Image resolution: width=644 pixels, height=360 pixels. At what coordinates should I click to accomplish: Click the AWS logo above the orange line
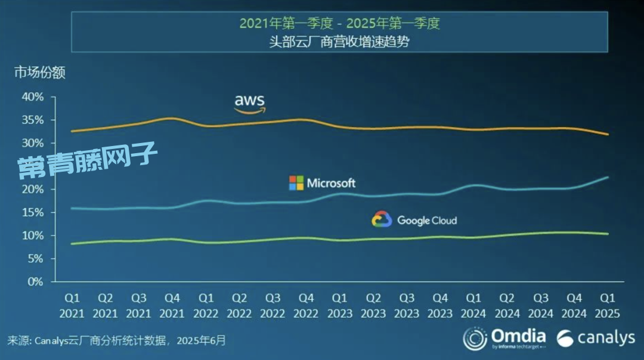tap(249, 103)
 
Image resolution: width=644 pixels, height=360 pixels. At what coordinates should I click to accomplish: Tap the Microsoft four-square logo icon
tap(296, 183)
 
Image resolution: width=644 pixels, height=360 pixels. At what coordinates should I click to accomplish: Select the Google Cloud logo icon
tap(382, 219)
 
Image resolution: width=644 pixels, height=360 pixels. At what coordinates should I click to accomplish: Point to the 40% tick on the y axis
tap(33, 97)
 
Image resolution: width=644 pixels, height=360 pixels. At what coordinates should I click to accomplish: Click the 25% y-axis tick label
tap(33, 166)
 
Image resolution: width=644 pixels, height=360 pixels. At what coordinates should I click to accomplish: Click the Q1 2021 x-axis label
tap(72, 305)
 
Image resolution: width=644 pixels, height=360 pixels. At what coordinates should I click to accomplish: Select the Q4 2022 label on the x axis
tap(306, 305)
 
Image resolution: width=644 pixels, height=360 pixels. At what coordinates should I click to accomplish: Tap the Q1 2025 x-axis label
tap(608, 305)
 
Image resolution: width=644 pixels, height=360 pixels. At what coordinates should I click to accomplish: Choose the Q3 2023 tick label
tap(407, 305)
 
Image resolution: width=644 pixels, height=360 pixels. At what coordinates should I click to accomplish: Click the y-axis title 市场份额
tap(40, 73)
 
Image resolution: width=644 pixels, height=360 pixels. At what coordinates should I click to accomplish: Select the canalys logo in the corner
tap(596, 338)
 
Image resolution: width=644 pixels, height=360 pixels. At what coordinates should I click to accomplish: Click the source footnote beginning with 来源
tap(117, 341)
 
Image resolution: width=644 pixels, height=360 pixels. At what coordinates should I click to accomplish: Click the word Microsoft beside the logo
tap(331, 183)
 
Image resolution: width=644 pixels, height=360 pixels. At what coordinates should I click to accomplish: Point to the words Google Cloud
tap(427, 221)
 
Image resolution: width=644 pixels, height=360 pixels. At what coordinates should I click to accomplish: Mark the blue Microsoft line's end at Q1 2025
tap(608, 177)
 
